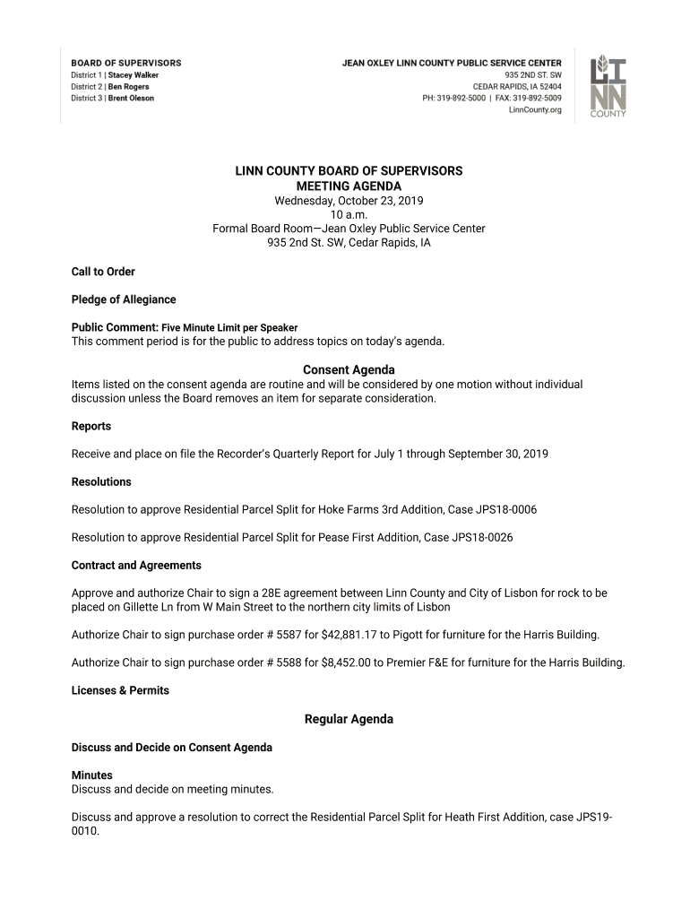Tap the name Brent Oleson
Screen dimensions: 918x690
(x=131, y=99)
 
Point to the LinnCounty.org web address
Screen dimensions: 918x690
(x=535, y=110)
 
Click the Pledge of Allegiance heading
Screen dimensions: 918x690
(x=124, y=299)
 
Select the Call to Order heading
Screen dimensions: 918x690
(x=103, y=272)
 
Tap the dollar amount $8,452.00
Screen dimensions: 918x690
(x=343, y=663)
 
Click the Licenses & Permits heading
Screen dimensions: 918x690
(x=120, y=690)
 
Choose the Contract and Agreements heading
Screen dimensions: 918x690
(x=136, y=566)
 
